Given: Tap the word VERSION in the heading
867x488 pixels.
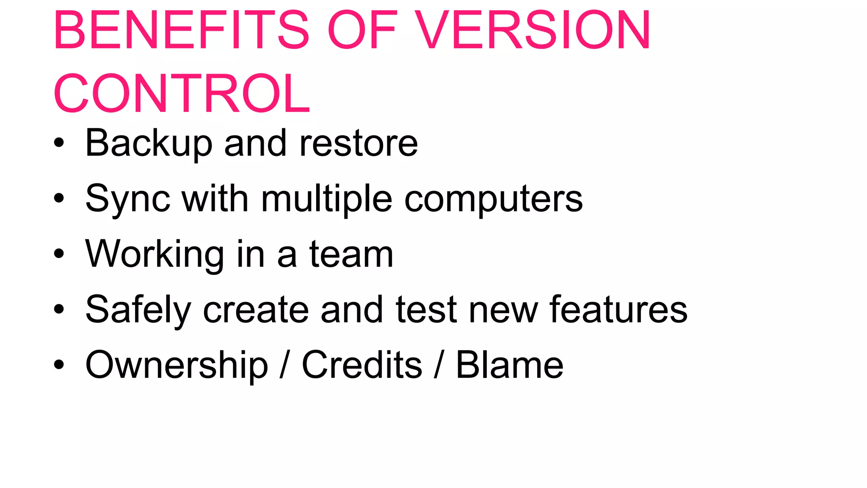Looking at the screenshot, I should (x=533, y=30).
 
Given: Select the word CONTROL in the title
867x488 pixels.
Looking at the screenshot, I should (x=182, y=94).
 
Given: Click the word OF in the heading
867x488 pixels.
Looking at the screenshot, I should (x=362, y=30).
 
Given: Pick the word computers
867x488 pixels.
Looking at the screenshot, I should (x=494, y=199).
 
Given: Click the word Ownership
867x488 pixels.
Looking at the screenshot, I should (x=177, y=365).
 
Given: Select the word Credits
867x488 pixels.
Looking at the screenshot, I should (x=362, y=365).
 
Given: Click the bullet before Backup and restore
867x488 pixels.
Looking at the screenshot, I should (x=59, y=143).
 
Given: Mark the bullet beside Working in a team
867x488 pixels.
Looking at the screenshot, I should (x=59, y=254).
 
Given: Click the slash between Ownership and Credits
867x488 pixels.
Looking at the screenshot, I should (x=285, y=365).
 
